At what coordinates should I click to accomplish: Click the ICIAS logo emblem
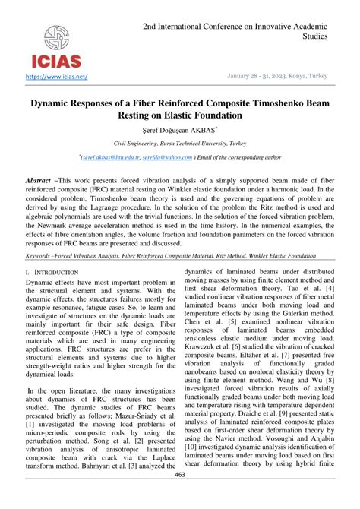58,36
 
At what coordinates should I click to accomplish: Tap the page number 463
180,495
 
